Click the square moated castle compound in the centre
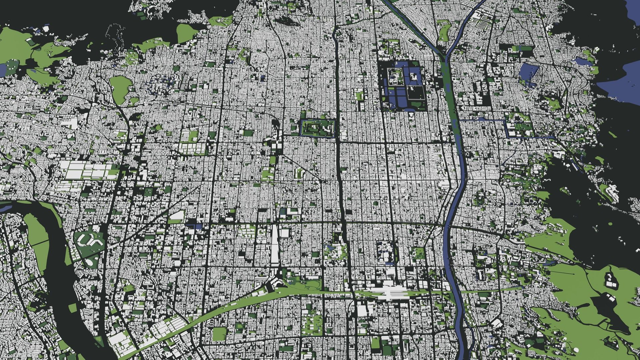tap(317, 128)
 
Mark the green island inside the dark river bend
tap(37, 233)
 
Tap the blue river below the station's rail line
tap(462, 320)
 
